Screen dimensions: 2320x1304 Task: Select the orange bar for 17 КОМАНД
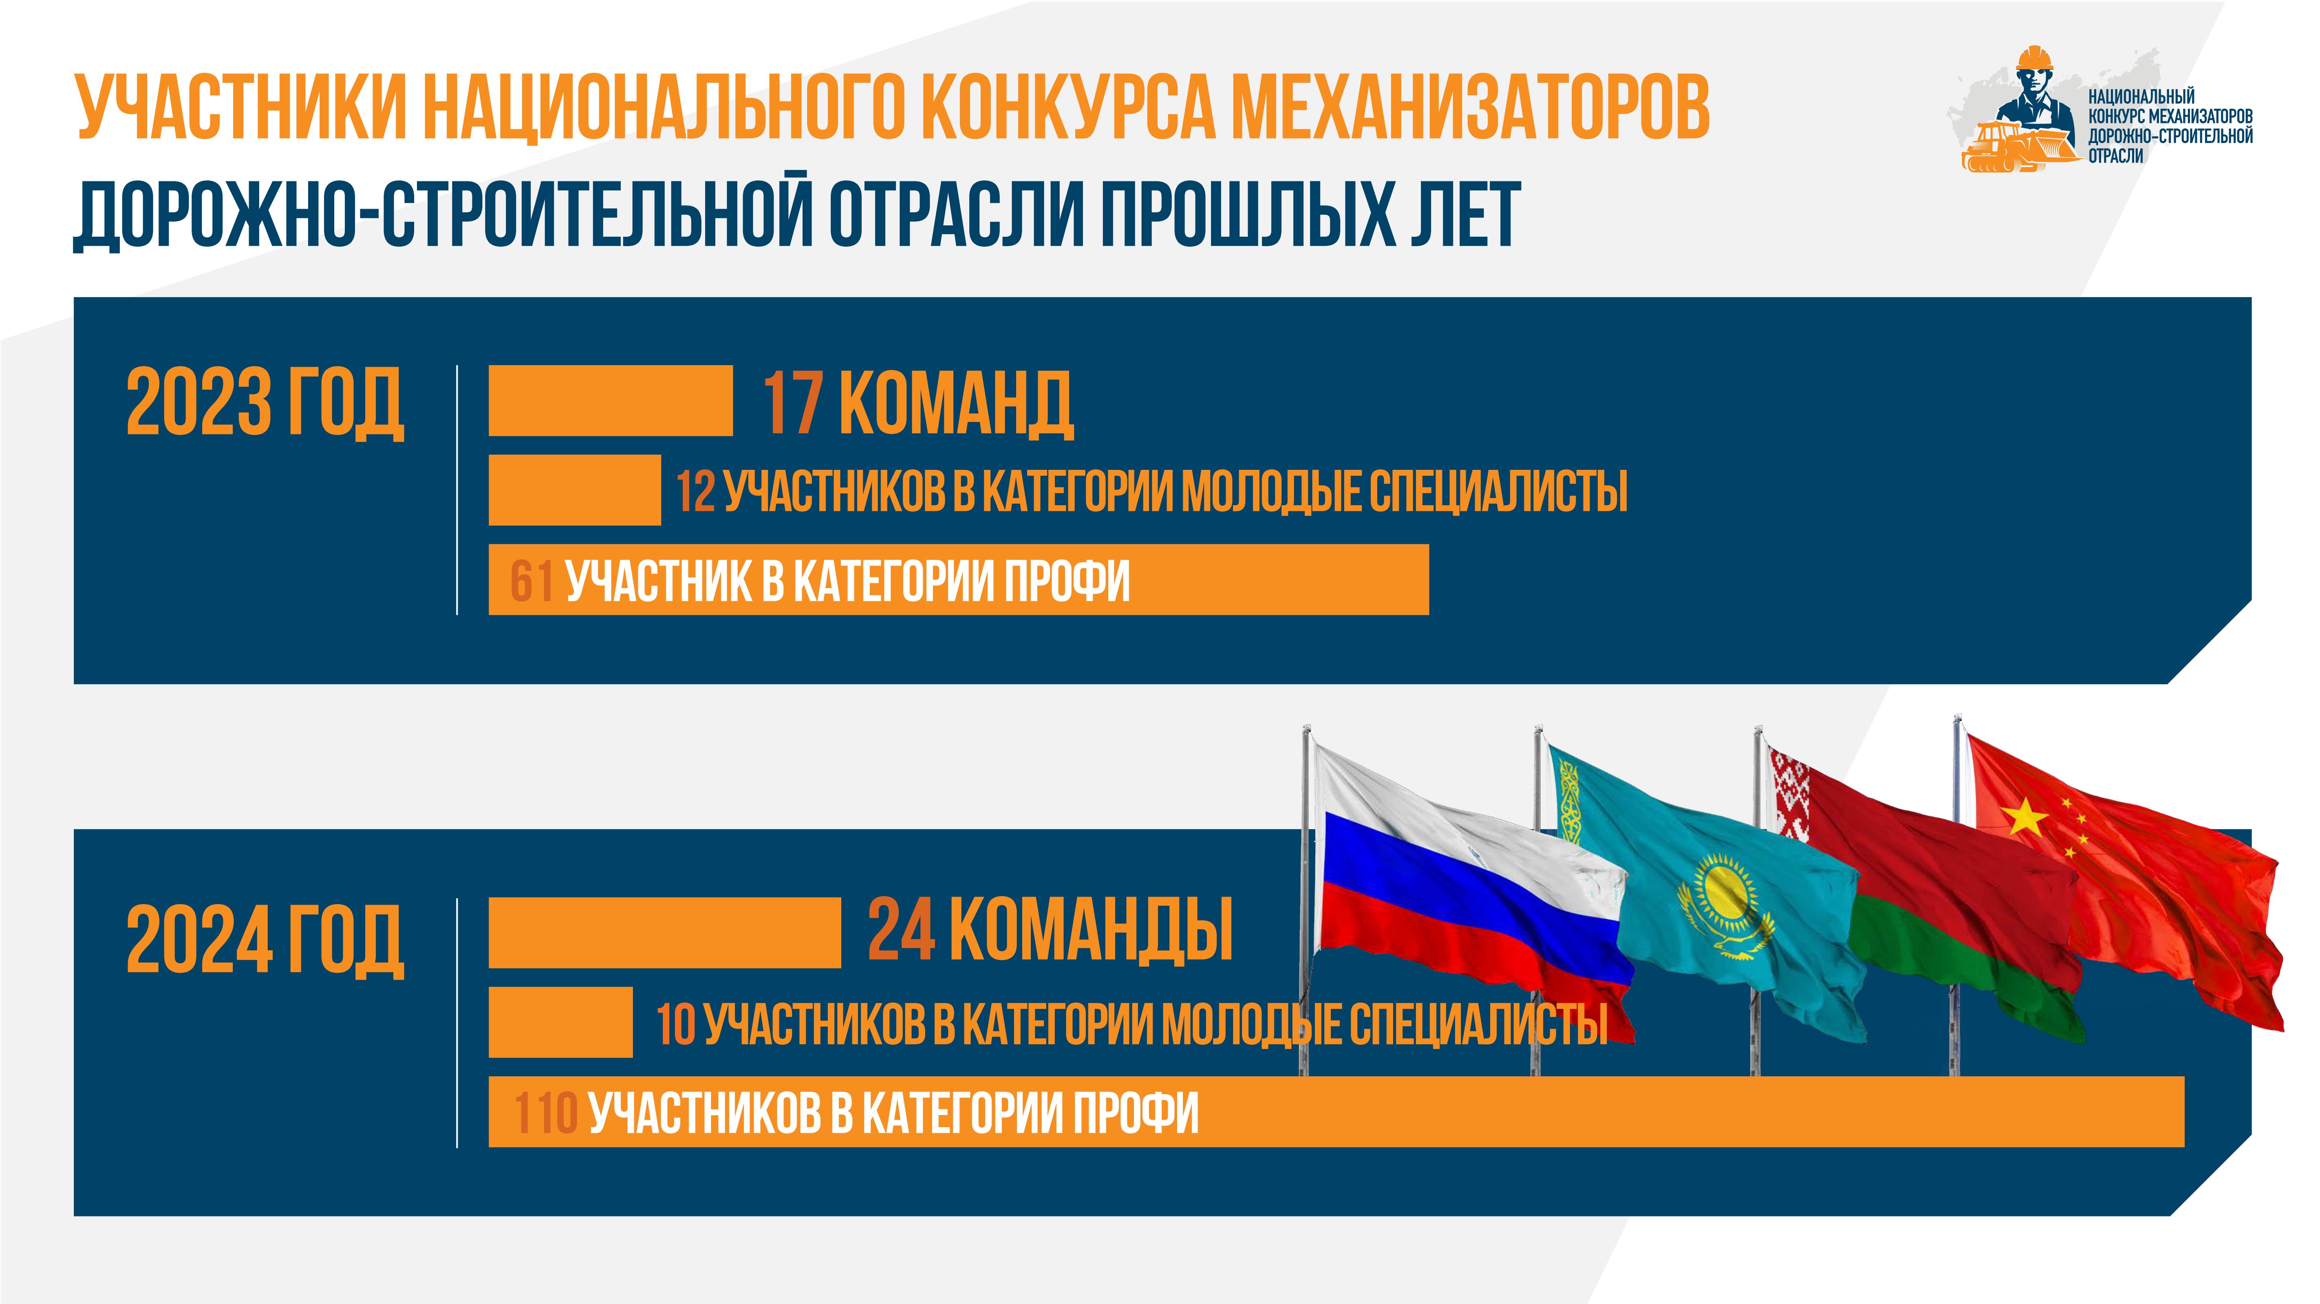pyautogui.click(x=611, y=401)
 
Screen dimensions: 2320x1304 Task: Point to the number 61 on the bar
pyautogui.click(x=531, y=581)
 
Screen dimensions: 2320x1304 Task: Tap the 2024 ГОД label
pyautogui.click(x=265, y=940)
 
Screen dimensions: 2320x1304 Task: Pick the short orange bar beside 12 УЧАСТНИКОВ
pyautogui.click(x=575, y=490)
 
